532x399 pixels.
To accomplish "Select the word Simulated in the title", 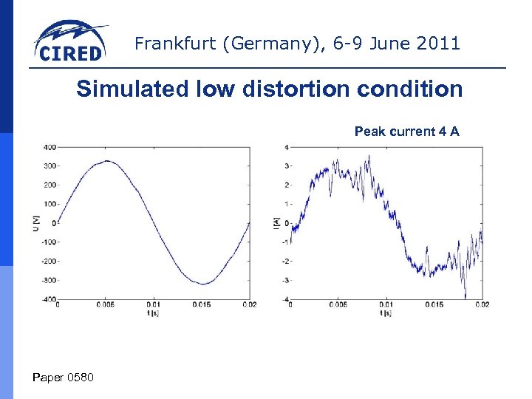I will (124, 89).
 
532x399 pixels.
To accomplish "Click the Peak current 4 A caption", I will (406, 132).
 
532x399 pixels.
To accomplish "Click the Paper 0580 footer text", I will (64, 378).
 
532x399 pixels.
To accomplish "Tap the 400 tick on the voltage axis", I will (49, 146).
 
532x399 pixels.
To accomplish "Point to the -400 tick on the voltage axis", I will (47, 299).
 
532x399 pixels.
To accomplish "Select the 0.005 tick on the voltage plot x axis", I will (106, 304).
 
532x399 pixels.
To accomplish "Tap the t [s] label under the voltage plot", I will (154, 313).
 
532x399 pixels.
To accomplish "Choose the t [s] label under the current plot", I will (386, 313).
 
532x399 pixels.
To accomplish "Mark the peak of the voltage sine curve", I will (107, 161).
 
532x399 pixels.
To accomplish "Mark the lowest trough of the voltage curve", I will (202, 283).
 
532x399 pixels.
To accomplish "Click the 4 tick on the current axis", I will (286, 146).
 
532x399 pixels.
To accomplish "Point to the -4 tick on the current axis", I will (284, 299).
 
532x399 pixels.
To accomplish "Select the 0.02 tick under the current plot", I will (482, 304).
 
